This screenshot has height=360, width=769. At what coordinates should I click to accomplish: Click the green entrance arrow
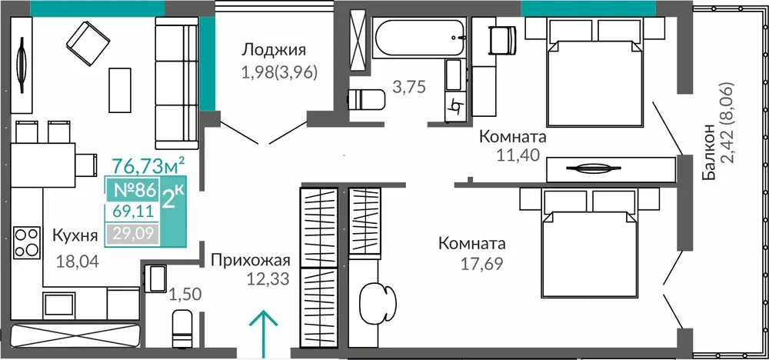click(263, 334)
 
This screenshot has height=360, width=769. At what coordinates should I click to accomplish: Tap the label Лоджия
click(275, 50)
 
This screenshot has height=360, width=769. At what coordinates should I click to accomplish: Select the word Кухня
click(75, 235)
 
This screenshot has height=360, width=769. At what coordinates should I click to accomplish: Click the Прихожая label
click(251, 260)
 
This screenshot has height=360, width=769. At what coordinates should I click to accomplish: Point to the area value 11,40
click(518, 155)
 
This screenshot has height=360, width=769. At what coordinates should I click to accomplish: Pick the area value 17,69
click(481, 263)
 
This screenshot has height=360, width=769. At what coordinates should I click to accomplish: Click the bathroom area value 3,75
click(408, 86)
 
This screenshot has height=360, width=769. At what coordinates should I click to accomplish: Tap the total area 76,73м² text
click(148, 166)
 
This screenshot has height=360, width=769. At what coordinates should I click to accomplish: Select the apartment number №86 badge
click(135, 189)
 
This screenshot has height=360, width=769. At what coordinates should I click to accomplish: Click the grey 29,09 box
click(133, 235)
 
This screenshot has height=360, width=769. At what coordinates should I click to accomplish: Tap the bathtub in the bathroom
click(418, 38)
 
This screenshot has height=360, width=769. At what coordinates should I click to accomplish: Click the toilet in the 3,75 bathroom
click(366, 99)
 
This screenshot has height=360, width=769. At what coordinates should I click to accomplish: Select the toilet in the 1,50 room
click(184, 328)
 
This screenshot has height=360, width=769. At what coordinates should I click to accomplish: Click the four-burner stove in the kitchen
click(27, 242)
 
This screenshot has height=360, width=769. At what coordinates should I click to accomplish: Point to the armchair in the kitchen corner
click(88, 42)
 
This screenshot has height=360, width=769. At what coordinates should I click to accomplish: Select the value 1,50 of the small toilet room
click(185, 295)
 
